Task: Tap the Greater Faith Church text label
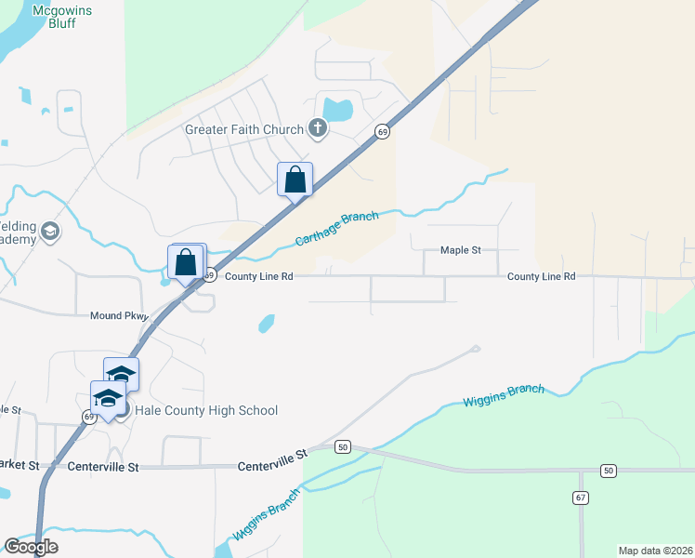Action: (244, 129)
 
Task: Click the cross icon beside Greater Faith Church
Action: (318, 127)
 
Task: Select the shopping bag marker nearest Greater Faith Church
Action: (295, 178)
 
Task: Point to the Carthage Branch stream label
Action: (336, 229)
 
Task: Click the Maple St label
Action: (460, 250)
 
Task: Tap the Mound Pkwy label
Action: (120, 315)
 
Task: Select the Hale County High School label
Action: (206, 410)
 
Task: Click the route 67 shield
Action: (581, 498)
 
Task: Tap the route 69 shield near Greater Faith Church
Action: (382, 133)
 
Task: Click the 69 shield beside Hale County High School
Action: (89, 418)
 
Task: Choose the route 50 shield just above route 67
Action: (608, 470)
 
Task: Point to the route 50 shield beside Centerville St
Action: (343, 446)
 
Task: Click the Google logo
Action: (32, 547)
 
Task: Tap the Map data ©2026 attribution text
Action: (655, 551)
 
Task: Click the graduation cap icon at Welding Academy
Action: (49, 231)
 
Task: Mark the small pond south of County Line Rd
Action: (267, 324)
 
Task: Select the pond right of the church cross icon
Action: (340, 109)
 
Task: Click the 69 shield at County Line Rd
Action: (211, 275)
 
